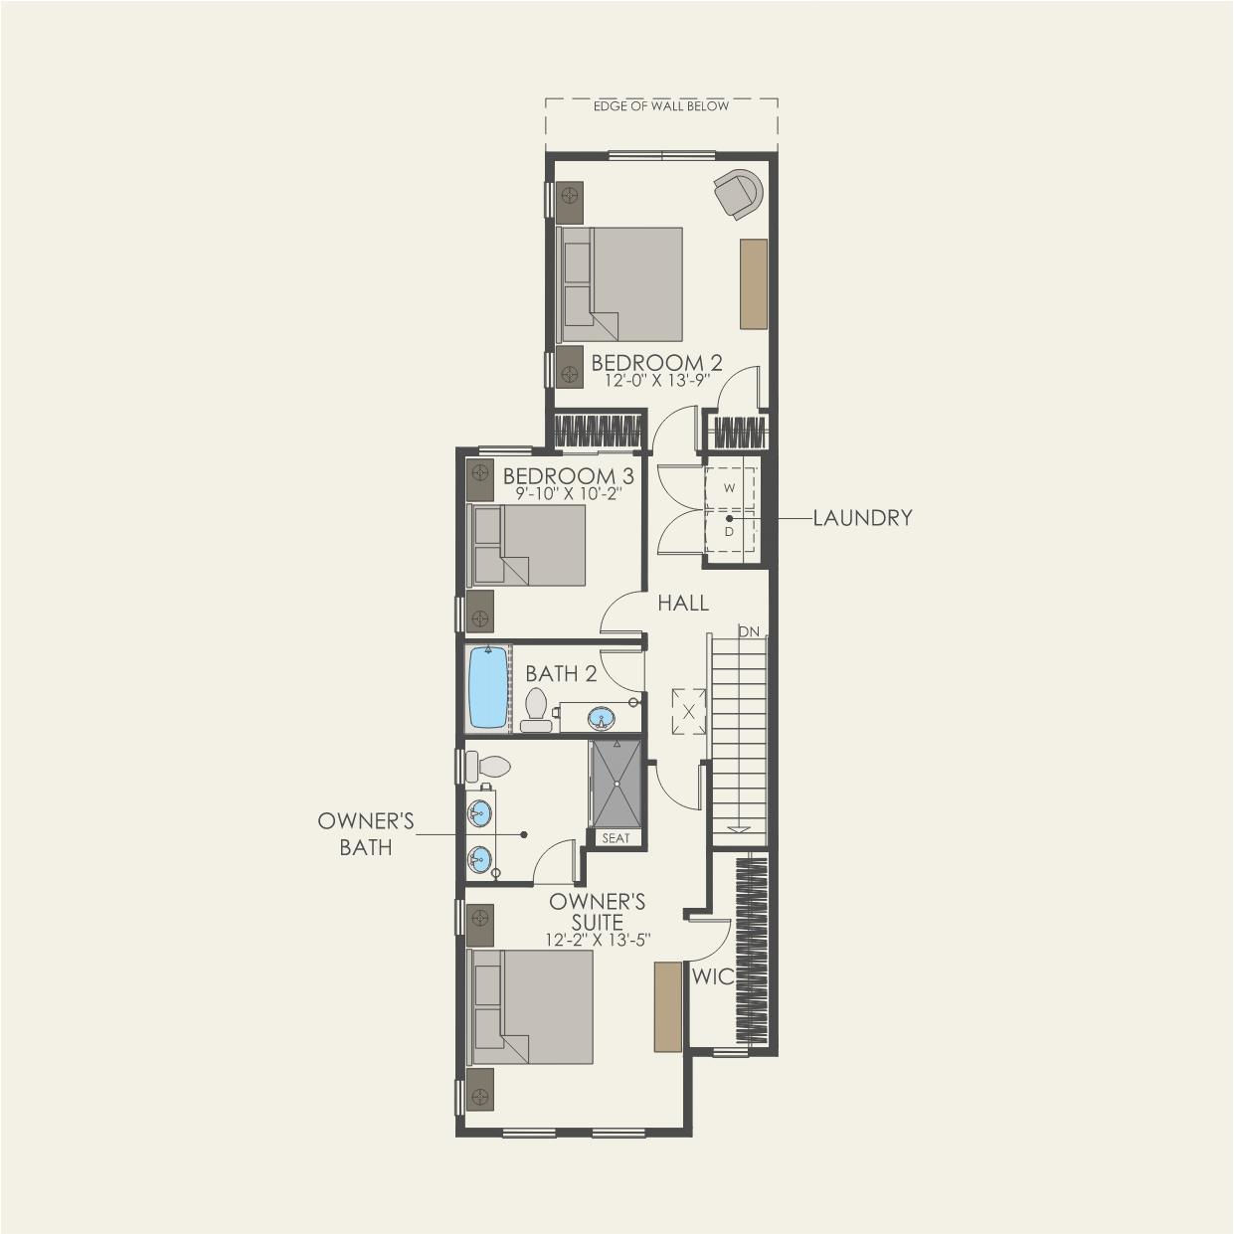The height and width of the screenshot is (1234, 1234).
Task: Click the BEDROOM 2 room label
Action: (656, 363)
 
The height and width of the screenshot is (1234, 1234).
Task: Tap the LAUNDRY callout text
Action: (862, 517)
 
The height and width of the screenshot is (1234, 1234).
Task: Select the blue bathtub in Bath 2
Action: (488, 686)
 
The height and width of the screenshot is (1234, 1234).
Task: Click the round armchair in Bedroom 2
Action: (739, 193)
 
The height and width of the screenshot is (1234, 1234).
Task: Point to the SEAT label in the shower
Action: (617, 838)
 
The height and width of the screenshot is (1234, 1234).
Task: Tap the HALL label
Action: (683, 603)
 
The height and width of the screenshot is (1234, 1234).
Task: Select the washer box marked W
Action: (730, 488)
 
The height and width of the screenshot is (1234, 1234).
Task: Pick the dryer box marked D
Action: (730, 531)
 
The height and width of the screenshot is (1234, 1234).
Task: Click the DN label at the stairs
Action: (749, 632)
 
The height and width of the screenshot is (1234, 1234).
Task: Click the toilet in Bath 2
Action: (535, 711)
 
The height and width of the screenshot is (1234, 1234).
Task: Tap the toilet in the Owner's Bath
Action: (488, 766)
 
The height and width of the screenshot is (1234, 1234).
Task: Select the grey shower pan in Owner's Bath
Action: (617, 784)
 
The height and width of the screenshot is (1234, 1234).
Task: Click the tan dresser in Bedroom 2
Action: (754, 284)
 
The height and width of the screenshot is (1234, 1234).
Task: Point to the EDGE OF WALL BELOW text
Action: (661, 106)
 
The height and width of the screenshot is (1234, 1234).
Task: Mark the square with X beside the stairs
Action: (689, 711)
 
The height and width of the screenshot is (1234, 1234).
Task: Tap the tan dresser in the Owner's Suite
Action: (667, 1015)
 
